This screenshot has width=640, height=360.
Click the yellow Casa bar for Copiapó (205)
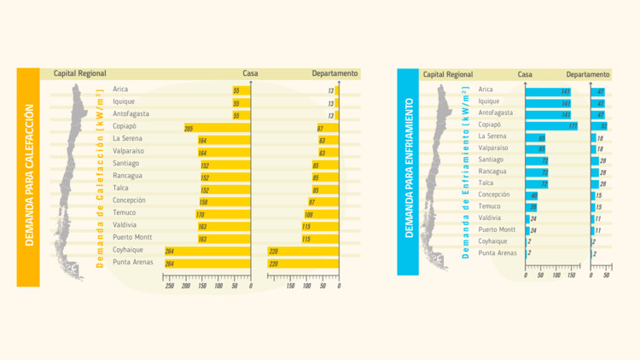pyautogui.click(x=218, y=128)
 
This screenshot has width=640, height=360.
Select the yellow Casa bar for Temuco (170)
pyautogui.click(x=223, y=215)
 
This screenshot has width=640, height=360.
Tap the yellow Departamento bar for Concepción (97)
pyautogui.click(x=323, y=202)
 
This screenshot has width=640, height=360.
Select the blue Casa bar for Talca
pyautogui.click(x=537, y=183)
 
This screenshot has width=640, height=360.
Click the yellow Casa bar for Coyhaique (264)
pyautogui.click(x=207, y=251)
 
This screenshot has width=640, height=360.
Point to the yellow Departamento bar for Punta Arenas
pyautogui.click(x=303, y=264)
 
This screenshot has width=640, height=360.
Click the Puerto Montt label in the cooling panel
pyautogui.click(x=497, y=229)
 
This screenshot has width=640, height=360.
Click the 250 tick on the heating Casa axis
pyautogui.click(x=170, y=286)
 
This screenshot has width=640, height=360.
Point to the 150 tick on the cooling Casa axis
pyautogui.click(x=572, y=276)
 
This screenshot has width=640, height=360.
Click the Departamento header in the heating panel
pyautogui.click(x=335, y=74)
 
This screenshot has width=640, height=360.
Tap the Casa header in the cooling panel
pyautogui.click(x=525, y=75)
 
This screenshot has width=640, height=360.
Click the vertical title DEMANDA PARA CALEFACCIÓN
pyautogui.click(x=28, y=177)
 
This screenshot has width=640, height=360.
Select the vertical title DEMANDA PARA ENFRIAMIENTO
pyautogui.click(x=409, y=168)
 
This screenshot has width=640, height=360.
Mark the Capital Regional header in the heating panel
pyautogui.click(x=79, y=74)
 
